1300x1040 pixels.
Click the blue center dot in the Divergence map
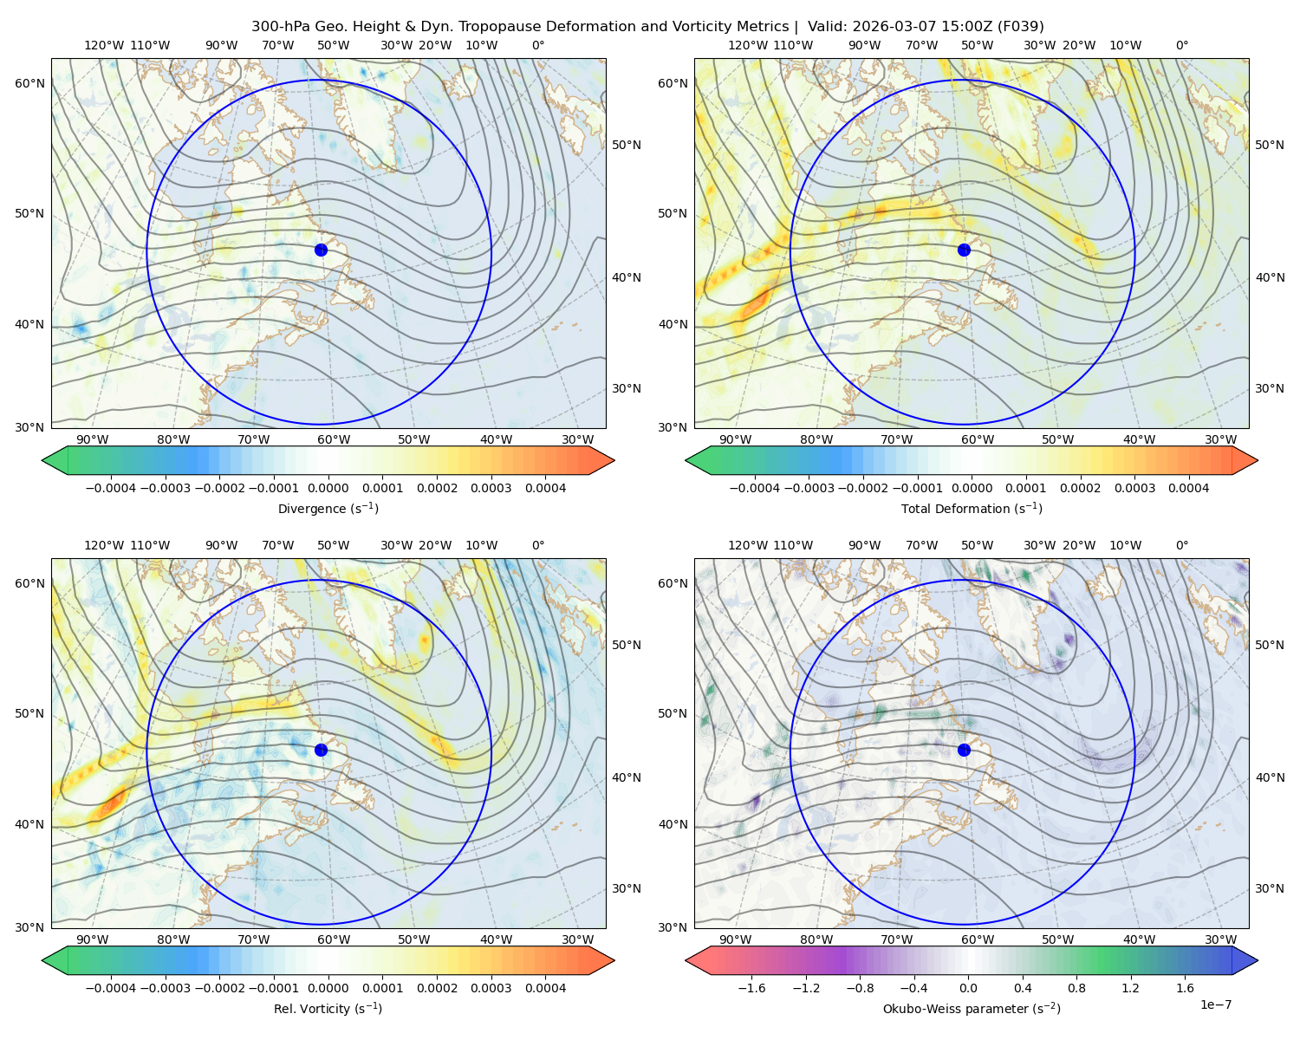click(x=321, y=250)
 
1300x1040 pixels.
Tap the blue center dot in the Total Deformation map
click(x=964, y=250)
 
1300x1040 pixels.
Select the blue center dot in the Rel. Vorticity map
click(x=321, y=750)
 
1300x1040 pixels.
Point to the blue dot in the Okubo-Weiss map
click(x=964, y=750)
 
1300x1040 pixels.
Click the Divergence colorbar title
click(x=328, y=509)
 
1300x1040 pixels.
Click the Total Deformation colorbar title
click(x=972, y=509)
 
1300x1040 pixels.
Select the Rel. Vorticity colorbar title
click(x=328, y=1009)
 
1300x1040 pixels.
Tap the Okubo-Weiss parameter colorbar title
click(x=972, y=1009)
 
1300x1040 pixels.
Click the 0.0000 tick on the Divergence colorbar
click(x=328, y=488)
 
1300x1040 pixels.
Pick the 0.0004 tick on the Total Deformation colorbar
click(x=1188, y=488)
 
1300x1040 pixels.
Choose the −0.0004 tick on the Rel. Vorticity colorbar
click(x=111, y=988)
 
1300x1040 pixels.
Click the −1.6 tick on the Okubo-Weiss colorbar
click(x=751, y=988)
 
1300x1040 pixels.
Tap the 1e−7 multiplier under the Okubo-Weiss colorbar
click(x=1215, y=1005)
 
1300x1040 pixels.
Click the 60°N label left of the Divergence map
click(x=29, y=83)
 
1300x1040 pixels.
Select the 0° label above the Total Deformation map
click(x=1181, y=45)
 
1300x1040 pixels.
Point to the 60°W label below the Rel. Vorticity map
click(x=334, y=939)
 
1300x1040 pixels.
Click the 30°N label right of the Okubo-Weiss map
click(x=1269, y=888)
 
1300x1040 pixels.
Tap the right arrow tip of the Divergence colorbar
click(x=614, y=460)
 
